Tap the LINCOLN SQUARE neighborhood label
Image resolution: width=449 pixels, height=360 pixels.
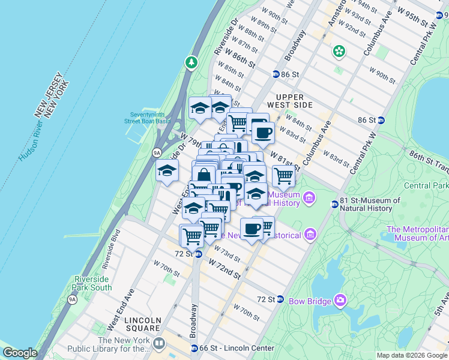point(143,324)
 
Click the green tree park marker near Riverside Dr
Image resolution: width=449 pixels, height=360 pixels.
point(191,62)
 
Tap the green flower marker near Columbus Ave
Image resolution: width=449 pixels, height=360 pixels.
point(339,52)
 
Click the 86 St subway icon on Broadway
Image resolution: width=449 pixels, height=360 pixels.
point(276,74)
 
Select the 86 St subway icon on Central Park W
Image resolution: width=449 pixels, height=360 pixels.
point(381,120)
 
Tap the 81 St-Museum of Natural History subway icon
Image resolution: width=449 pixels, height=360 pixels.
point(335,205)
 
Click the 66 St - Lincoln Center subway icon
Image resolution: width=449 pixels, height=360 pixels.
point(194,349)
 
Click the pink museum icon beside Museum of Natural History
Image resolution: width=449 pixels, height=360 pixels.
point(309,197)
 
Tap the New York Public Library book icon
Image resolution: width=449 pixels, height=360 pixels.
point(159,344)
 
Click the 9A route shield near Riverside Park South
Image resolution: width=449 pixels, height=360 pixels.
point(72,299)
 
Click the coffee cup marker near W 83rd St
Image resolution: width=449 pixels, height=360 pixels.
point(263,132)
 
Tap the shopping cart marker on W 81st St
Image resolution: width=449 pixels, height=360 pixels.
point(283,176)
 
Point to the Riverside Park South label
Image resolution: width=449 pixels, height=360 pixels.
point(92,283)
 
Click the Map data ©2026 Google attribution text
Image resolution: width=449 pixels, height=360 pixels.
point(411,355)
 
